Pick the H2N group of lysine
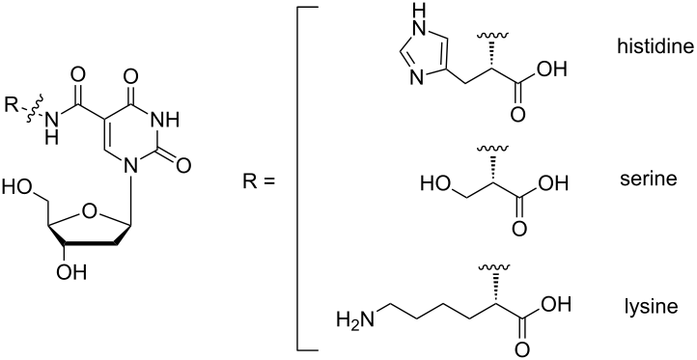point(353,318)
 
